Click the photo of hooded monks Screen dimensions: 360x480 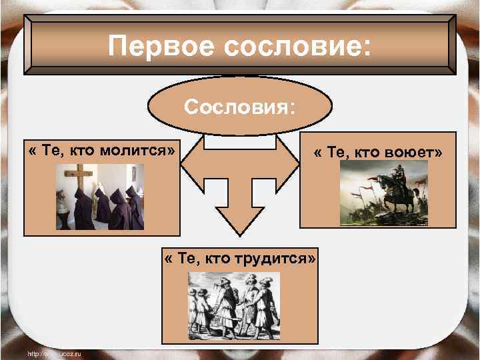pyautogui.click(x=100, y=197)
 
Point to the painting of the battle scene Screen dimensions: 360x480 pyautogui.click(x=383, y=193)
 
